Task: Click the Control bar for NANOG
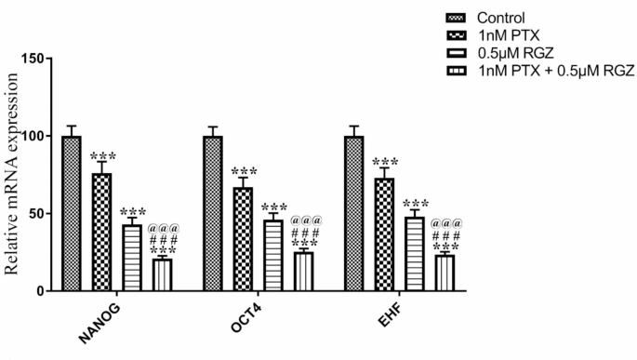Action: point(72,213)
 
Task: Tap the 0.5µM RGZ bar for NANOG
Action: point(131,258)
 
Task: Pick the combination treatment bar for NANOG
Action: point(162,274)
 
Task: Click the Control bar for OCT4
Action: point(213,213)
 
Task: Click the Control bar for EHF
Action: point(353,213)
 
